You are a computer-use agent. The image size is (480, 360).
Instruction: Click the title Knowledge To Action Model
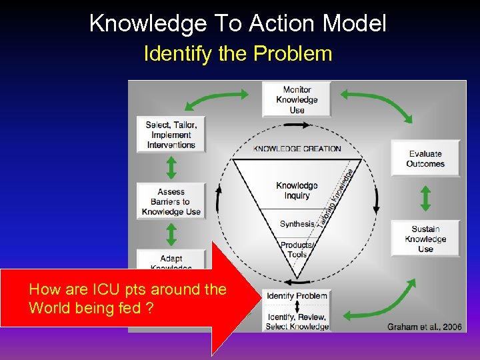point(238,23)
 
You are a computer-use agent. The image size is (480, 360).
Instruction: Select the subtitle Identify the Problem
point(238,53)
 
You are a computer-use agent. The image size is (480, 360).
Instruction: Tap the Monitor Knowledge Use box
point(297,99)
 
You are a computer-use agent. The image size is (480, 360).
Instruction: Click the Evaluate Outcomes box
point(425,159)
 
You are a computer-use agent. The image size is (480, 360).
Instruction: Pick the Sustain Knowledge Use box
point(425,239)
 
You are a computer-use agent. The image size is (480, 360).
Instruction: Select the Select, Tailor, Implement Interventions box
point(171,135)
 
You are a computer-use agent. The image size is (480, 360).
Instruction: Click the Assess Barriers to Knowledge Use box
point(171,201)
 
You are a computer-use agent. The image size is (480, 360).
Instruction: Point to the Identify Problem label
point(297,296)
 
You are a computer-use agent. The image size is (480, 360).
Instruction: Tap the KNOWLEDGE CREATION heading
point(297,149)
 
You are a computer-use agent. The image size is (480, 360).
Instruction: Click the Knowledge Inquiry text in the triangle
point(297,190)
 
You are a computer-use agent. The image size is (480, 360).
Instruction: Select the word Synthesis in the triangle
point(297,224)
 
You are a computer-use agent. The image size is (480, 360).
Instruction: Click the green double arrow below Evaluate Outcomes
point(425,199)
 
